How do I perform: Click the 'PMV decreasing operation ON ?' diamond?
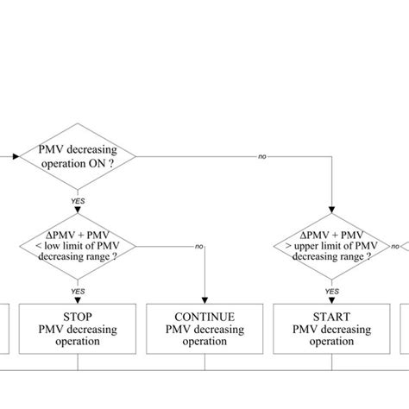(x=78, y=157)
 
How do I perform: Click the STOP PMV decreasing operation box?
(x=78, y=329)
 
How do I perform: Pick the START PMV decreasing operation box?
(x=331, y=329)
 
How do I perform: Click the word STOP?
(x=78, y=317)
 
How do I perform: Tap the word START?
(x=331, y=317)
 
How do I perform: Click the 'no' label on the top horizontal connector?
(x=261, y=157)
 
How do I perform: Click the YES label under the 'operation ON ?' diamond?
(x=78, y=200)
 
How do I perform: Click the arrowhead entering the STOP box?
(x=78, y=299)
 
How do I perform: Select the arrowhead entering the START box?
(x=331, y=299)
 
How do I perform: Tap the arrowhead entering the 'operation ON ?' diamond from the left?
(x=11, y=157)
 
